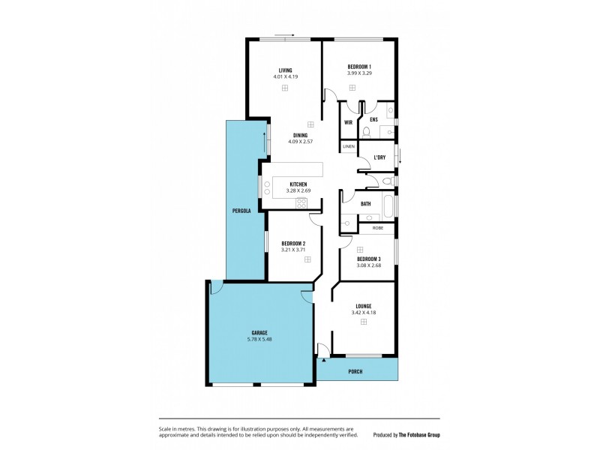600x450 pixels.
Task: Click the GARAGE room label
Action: tap(259, 332)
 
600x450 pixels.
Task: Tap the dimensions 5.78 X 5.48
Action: tap(259, 340)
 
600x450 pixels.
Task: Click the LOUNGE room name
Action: tap(364, 306)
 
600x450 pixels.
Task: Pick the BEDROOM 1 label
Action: tap(360, 67)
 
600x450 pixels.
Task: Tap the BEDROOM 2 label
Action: tap(293, 244)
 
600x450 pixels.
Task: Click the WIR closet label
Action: tap(348, 121)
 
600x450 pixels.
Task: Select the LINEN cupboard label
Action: tap(349, 147)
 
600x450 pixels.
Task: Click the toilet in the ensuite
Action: tap(365, 133)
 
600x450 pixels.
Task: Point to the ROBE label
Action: tap(377, 226)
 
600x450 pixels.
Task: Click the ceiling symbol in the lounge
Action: tap(364, 322)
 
